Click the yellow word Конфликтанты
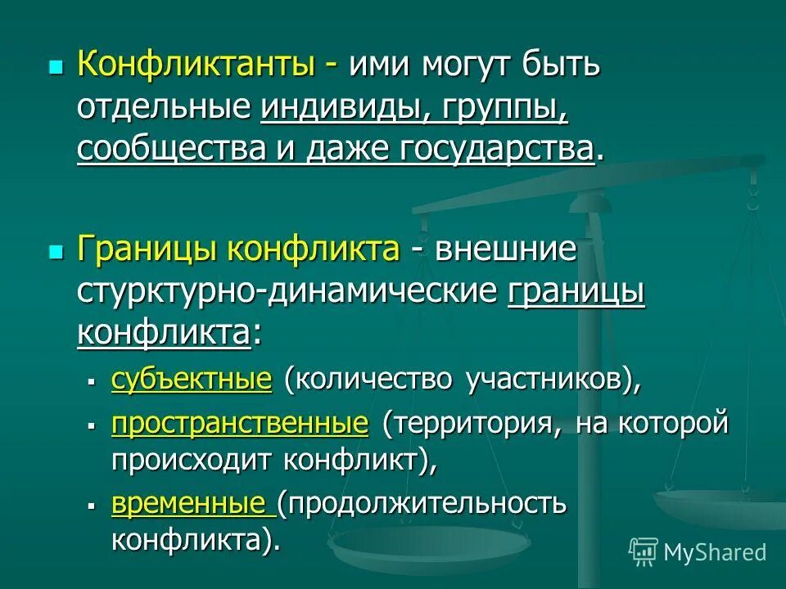tap(196, 65)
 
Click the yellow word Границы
tap(147, 249)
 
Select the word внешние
tap(505, 249)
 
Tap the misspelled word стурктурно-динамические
tap(287, 291)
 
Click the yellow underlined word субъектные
tap(191, 380)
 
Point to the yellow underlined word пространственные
tap(240, 423)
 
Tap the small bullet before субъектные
tap(93, 381)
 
